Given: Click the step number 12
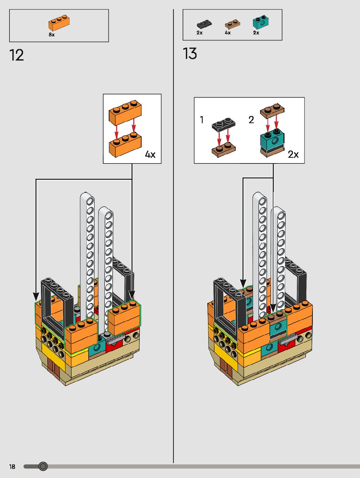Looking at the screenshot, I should point(16,55).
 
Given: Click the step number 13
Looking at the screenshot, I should point(190,54).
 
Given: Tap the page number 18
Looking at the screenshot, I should point(12,467).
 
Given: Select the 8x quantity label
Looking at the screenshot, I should point(52,35).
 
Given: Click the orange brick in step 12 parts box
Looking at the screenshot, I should point(59,23).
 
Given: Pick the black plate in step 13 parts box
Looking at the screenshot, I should point(204,24).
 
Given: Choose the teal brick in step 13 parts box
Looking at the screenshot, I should point(260,22).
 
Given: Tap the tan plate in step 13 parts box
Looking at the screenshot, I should point(232,24).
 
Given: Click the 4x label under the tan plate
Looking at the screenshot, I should point(228,33).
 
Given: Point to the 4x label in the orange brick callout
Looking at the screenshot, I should point(150,154).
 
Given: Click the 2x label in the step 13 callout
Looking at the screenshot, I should point(293,154).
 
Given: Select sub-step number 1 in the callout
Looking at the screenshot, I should point(202,120).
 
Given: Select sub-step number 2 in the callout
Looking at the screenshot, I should point(251,120).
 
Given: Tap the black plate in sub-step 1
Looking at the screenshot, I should point(224,124).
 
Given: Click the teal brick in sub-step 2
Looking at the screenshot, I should point(272,141).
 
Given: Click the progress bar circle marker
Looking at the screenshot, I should point(43,467).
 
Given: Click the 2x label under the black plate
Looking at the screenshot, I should point(200,33).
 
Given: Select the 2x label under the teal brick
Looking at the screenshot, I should point(256,33).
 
